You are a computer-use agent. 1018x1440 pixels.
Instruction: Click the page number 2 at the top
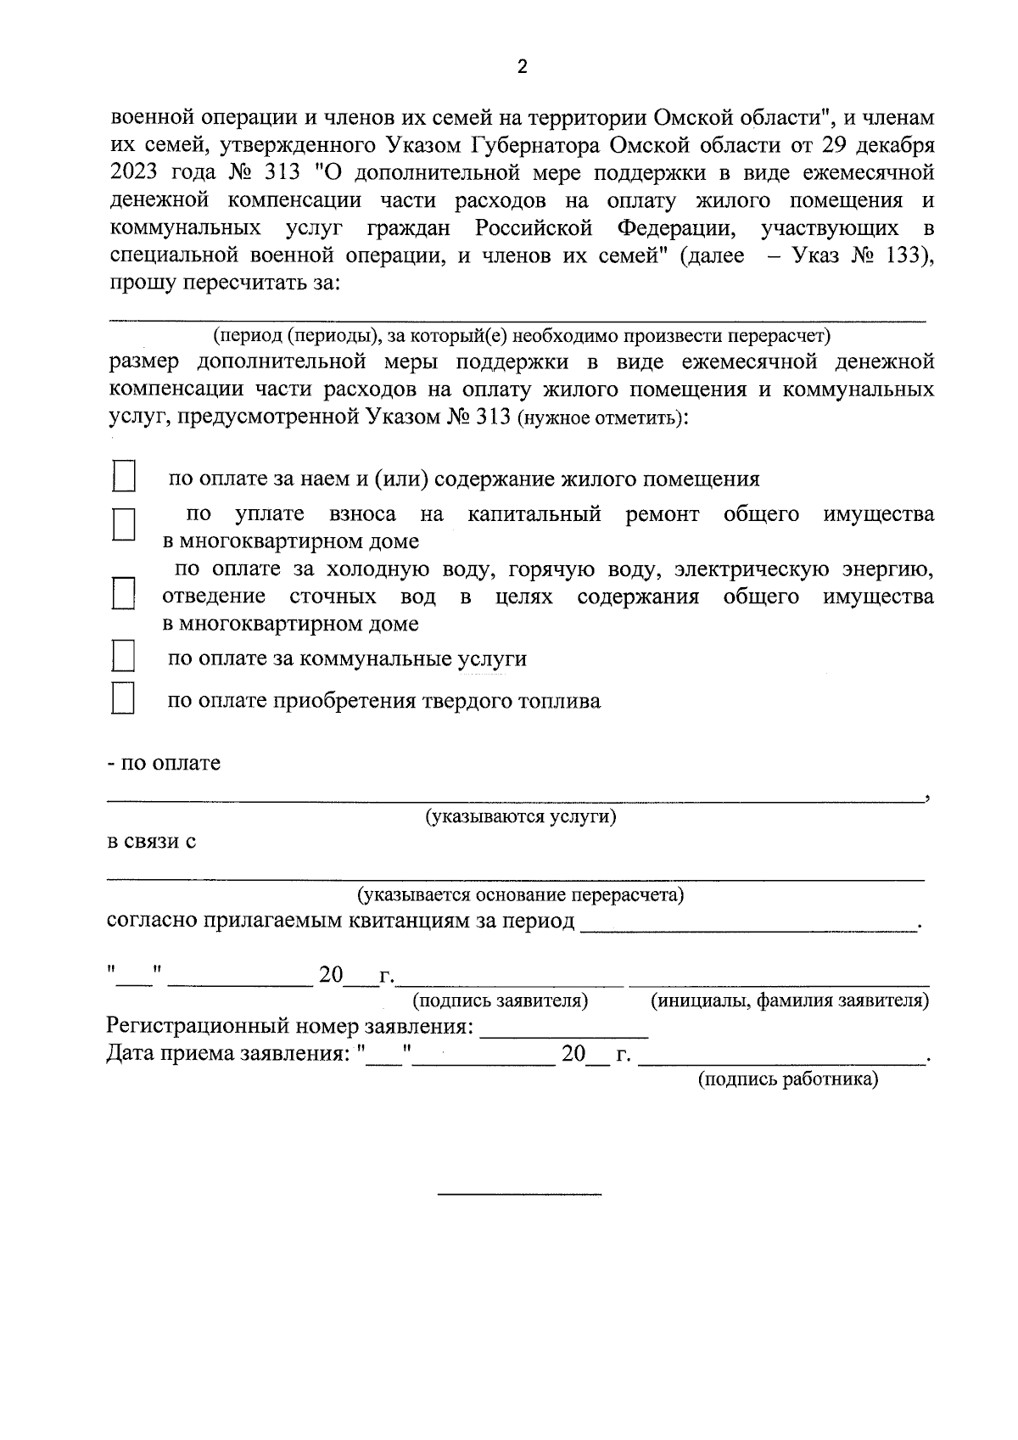(x=522, y=67)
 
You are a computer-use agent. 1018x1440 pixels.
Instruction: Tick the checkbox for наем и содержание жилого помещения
(x=124, y=476)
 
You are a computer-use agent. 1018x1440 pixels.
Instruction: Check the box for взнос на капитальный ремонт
(x=124, y=524)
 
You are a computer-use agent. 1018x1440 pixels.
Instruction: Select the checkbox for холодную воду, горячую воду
(x=124, y=593)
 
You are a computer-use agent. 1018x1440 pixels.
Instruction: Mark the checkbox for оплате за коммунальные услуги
(x=124, y=656)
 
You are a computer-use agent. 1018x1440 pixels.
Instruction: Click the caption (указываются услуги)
(x=520, y=817)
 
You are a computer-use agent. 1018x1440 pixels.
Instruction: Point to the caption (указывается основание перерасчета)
(x=520, y=894)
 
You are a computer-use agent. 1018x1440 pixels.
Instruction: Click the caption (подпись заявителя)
(x=500, y=1000)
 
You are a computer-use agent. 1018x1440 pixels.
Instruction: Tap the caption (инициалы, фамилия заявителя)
(x=789, y=1000)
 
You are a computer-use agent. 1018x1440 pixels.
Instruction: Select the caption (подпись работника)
(x=787, y=1079)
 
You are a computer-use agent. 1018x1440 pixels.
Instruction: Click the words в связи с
(x=151, y=842)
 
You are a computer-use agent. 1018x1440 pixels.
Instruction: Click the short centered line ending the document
(x=519, y=1195)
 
